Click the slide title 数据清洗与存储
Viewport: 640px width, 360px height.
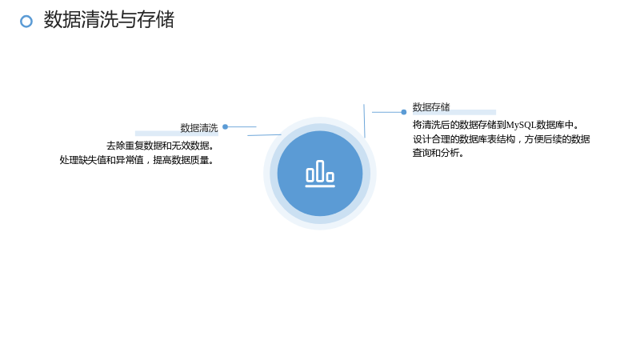(x=109, y=19)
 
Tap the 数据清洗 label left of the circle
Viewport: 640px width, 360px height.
(x=199, y=128)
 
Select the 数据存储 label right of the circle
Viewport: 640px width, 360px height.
(x=431, y=107)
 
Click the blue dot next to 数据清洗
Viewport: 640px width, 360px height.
(x=225, y=127)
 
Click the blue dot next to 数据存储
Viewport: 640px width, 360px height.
(x=404, y=112)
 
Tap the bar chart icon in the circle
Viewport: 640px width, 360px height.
(x=320, y=174)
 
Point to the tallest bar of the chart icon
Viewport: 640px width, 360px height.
(x=320, y=171)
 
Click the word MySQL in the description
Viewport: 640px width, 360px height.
(x=521, y=125)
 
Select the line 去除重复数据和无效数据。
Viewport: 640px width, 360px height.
(x=161, y=146)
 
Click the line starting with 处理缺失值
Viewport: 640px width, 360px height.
(x=137, y=160)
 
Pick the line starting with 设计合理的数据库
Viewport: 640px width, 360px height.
(x=502, y=139)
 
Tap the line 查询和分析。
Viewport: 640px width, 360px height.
(x=438, y=153)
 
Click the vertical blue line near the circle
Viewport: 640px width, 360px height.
(x=365, y=121)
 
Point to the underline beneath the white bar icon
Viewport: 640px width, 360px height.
(x=320, y=186)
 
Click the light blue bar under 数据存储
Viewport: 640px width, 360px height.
(x=454, y=112)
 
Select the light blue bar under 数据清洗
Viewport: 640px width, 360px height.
(x=177, y=133)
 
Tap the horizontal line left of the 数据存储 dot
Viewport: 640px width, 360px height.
(x=386, y=112)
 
